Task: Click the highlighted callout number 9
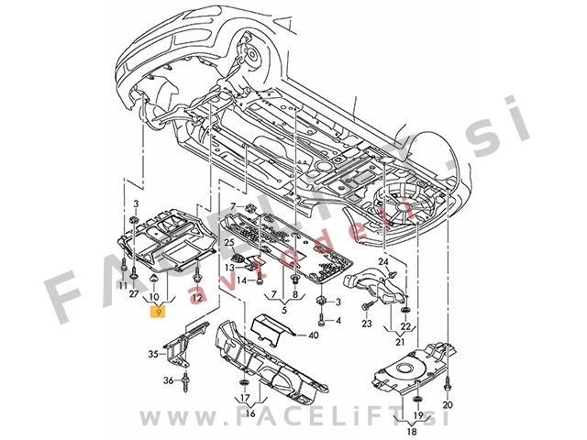coord(161,313)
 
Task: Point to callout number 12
coord(199,299)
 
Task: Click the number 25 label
coord(229,242)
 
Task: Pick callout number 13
coord(231,267)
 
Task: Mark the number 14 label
coord(231,281)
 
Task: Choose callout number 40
coord(314,335)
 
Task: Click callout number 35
coord(153,352)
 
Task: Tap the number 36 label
coord(168,379)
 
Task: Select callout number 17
coord(245,399)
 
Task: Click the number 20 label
coord(448,404)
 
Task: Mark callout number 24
coord(384,262)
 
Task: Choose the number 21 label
coord(401,343)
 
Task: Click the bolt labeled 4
coord(322,321)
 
